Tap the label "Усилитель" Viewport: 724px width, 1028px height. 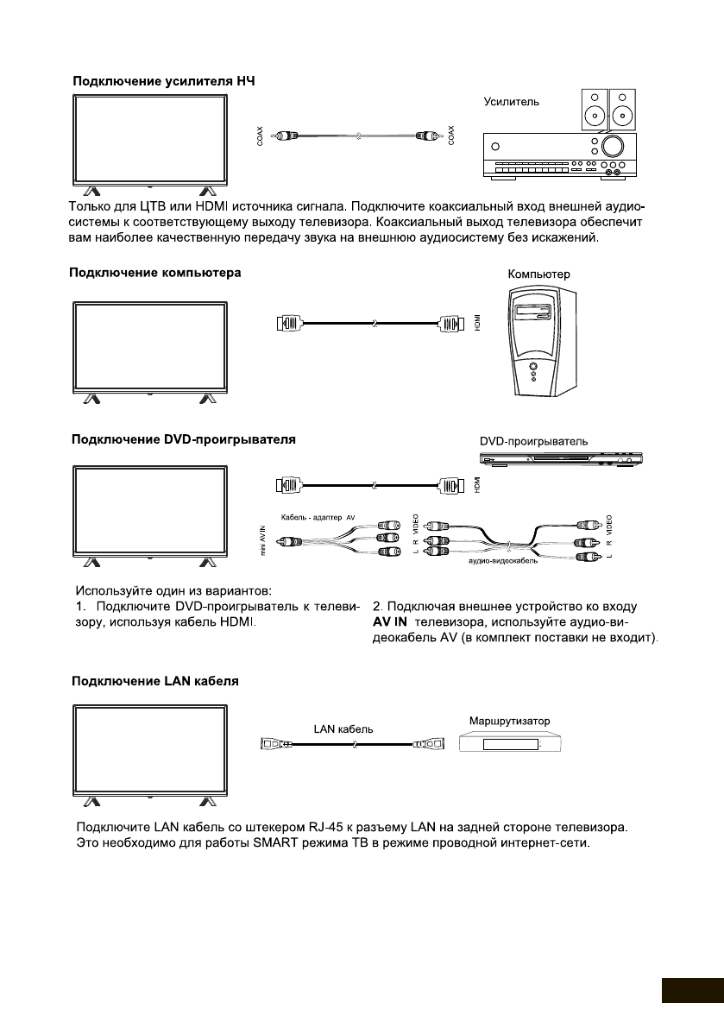511,102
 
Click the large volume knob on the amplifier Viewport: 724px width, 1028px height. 614,144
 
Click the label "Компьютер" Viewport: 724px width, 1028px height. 539,274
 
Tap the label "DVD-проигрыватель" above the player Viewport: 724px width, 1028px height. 534,441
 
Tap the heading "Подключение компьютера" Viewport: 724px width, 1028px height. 155,273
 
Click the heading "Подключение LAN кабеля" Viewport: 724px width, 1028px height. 154,681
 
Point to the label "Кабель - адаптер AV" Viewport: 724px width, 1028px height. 313,517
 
